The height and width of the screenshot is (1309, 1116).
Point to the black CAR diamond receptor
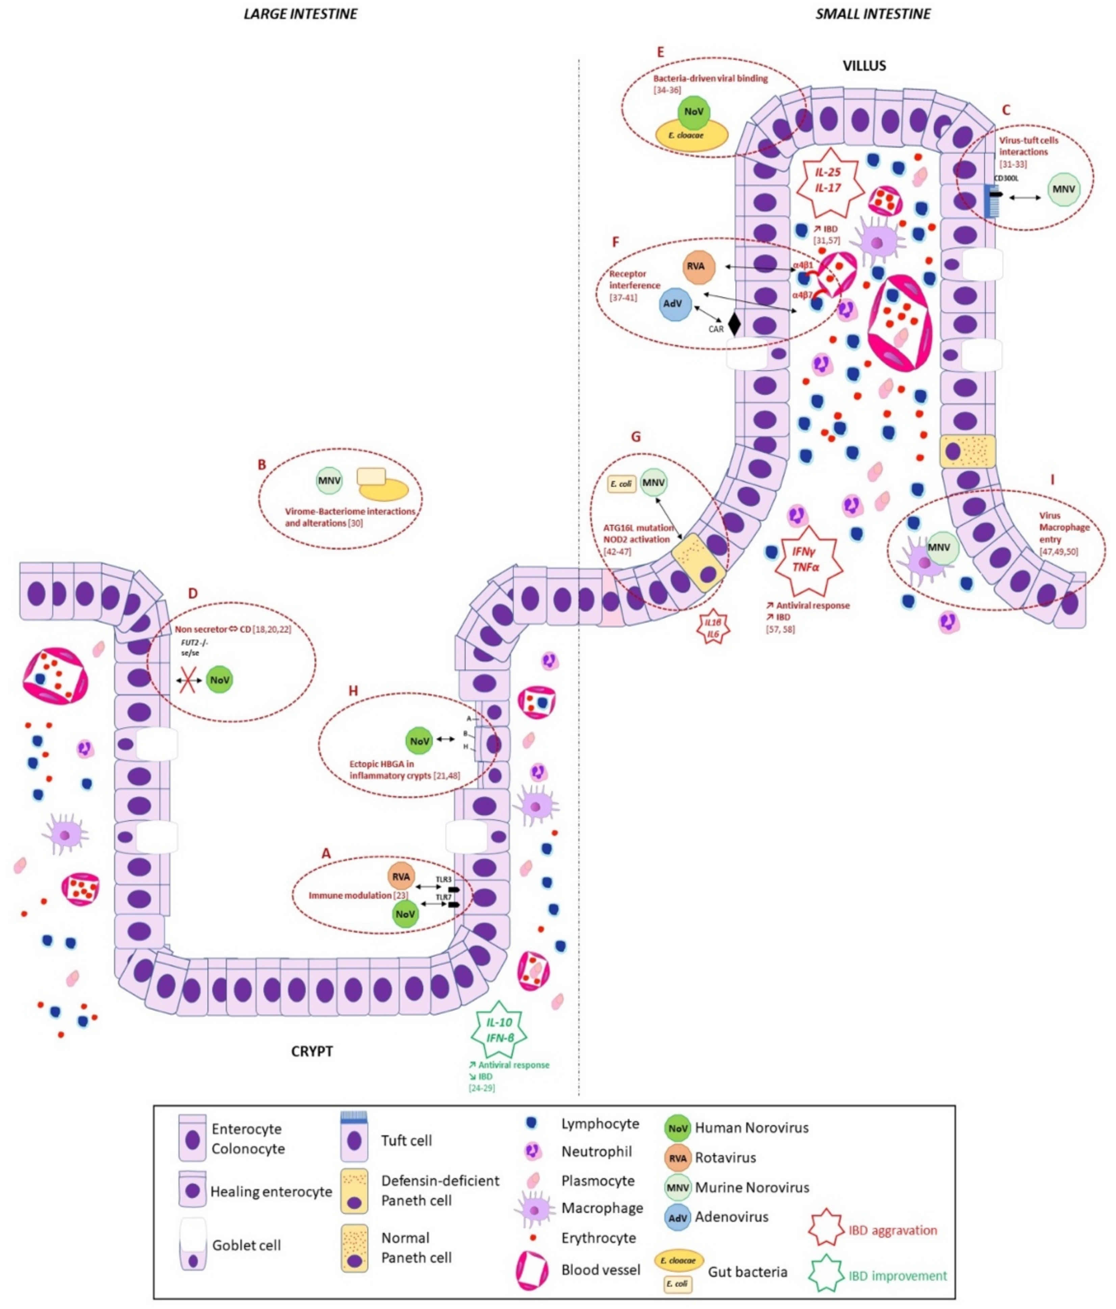734,324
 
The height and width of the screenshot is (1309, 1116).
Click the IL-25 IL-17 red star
827,180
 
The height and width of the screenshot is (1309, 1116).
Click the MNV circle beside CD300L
1064,189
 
